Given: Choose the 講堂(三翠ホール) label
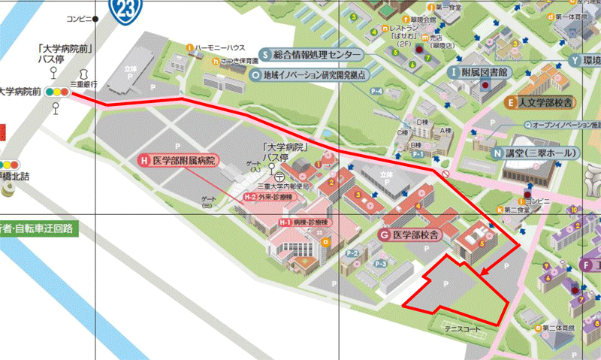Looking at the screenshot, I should (x=536, y=153).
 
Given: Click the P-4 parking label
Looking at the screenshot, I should (x=376, y=92).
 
